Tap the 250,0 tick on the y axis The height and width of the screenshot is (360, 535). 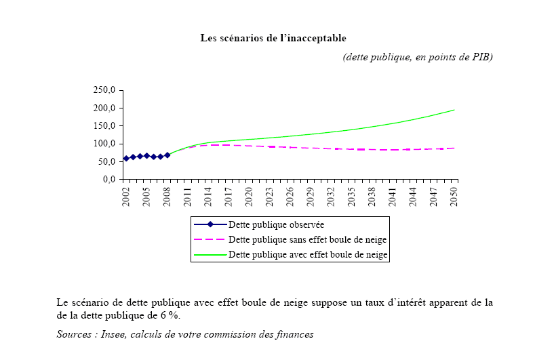(x=106, y=90)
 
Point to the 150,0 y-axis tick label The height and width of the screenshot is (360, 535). (x=106, y=126)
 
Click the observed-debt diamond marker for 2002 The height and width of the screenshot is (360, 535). (x=126, y=159)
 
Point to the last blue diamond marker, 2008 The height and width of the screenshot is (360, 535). (x=167, y=155)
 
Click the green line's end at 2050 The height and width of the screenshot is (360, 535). (x=454, y=110)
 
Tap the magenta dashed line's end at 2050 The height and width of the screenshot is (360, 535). (x=454, y=148)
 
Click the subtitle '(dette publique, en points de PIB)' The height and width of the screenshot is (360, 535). (x=418, y=57)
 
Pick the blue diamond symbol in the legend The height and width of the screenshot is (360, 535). (x=210, y=224)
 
